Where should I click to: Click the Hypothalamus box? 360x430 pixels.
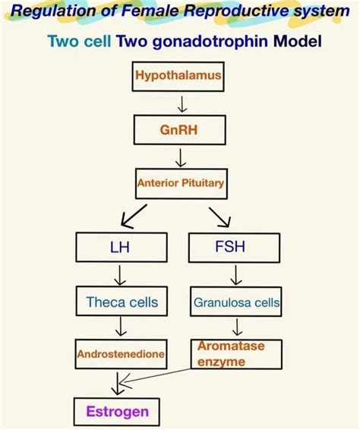(x=178, y=76)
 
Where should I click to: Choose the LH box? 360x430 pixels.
(x=120, y=247)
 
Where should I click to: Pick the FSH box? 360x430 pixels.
(x=235, y=247)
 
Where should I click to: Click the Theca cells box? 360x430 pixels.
(x=122, y=302)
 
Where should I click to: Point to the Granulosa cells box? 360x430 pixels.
(x=236, y=302)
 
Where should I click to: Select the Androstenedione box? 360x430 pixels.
(x=122, y=354)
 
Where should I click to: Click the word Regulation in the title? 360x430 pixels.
(x=49, y=11)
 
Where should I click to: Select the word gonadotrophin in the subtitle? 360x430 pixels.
(x=201, y=40)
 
